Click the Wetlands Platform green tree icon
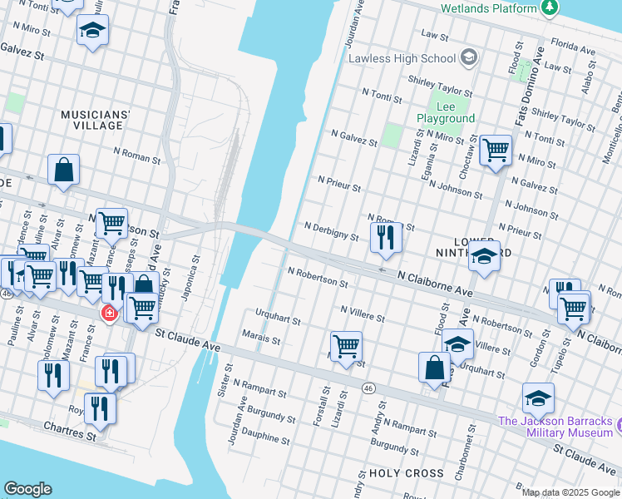549,8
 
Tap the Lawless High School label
402,58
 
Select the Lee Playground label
445,113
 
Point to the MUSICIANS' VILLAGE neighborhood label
96,119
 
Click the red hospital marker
108,314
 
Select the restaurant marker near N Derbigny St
387,235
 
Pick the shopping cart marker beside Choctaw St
496,151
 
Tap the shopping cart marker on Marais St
346,344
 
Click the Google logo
28,488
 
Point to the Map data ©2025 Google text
570,492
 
